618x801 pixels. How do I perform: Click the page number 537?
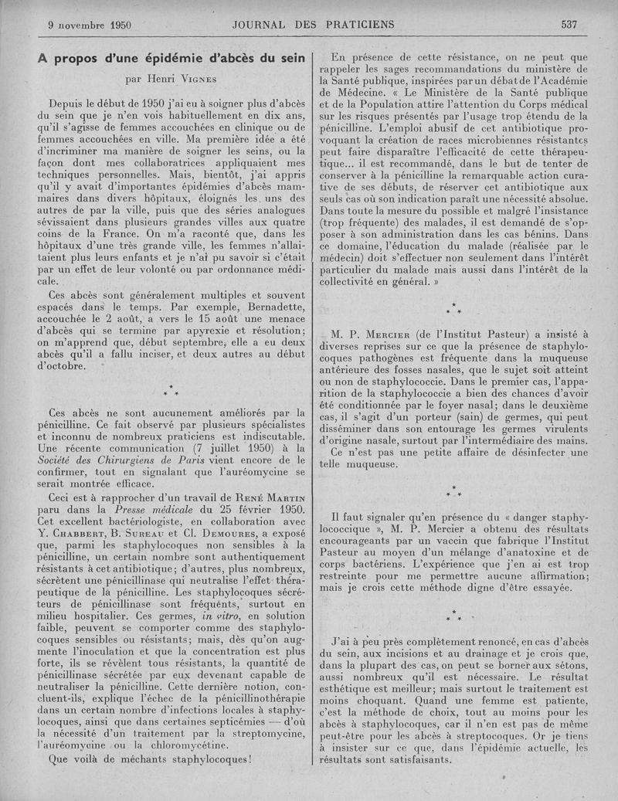coord(569,24)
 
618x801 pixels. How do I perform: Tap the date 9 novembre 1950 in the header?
coord(90,24)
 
